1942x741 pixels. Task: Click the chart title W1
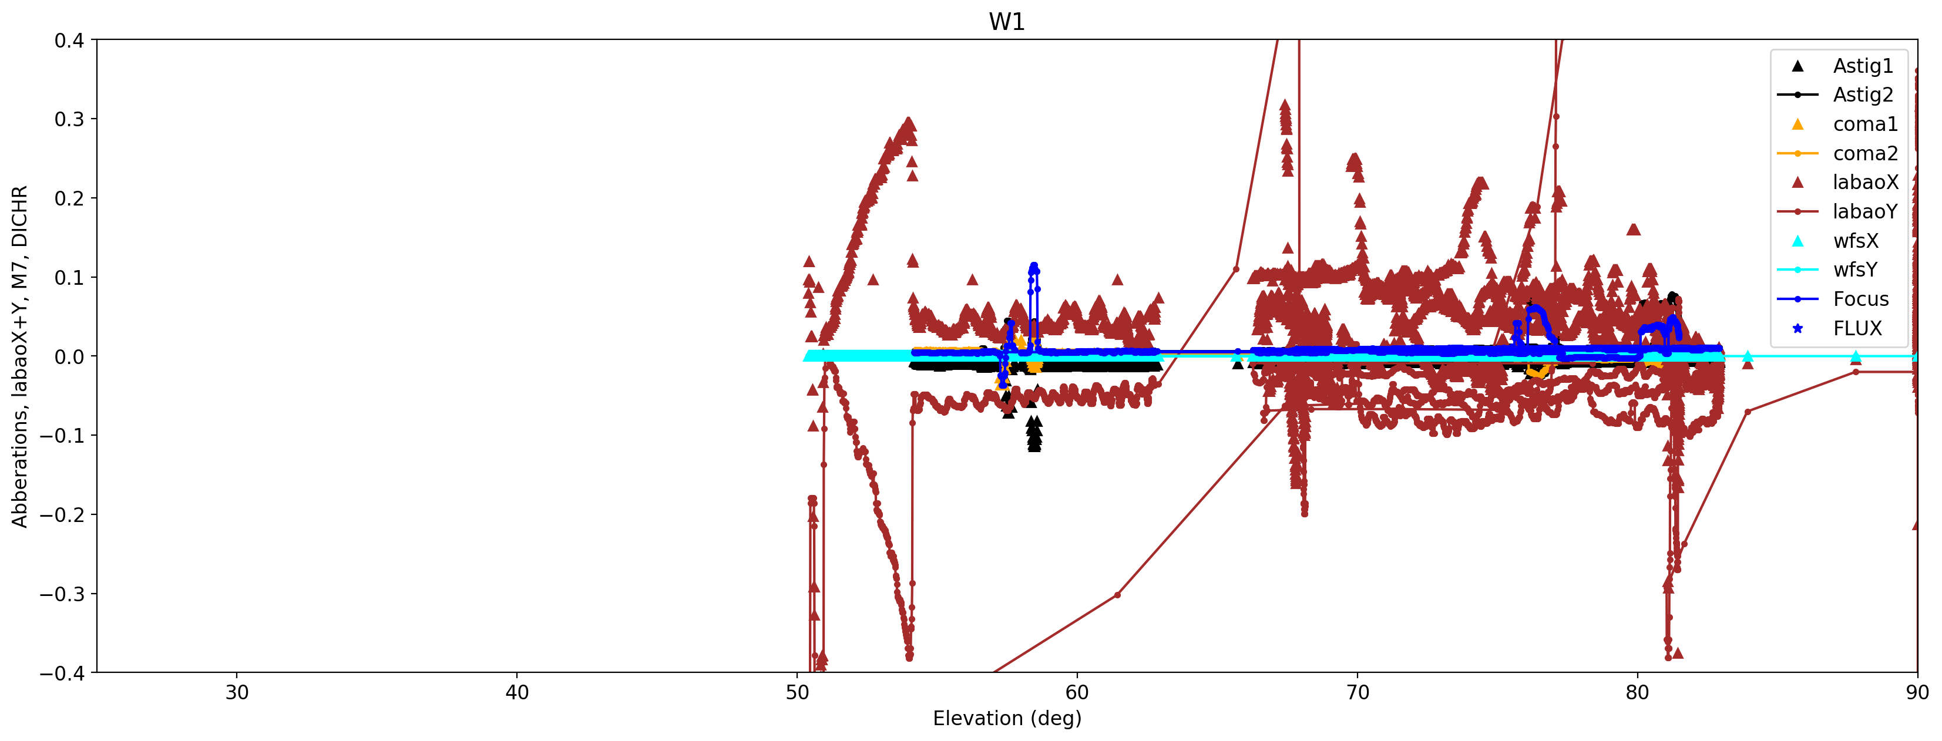(1006, 22)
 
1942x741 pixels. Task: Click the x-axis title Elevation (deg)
(1006, 718)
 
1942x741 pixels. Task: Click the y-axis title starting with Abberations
(19, 356)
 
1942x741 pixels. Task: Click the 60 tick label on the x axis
(1077, 693)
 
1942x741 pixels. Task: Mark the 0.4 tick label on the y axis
(69, 40)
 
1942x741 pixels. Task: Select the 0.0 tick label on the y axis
(69, 356)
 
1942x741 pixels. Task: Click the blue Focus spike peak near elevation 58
(1034, 265)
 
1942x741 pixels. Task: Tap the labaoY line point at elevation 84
(1748, 412)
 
